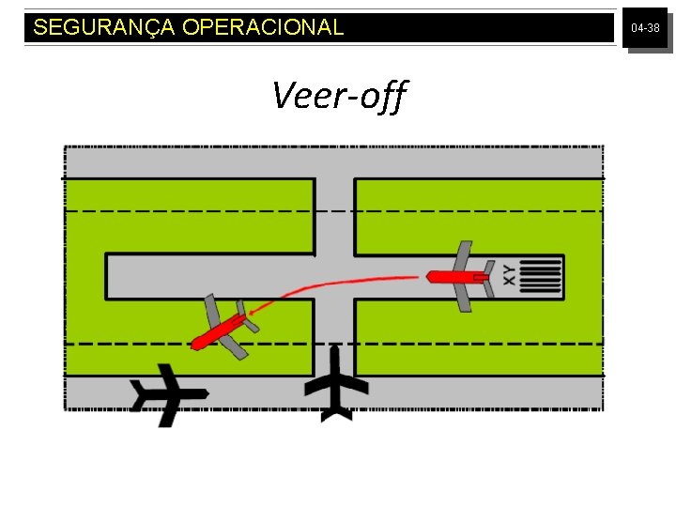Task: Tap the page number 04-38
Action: click(645, 29)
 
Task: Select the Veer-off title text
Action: click(339, 95)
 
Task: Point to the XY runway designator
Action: click(509, 275)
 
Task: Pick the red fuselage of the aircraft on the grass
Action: click(218, 331)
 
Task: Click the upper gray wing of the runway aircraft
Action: click(462, 256)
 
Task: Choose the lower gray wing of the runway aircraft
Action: click(464, 297)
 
